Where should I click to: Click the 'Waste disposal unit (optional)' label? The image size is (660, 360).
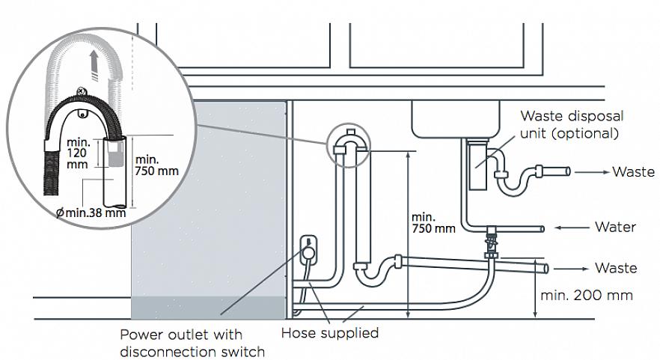[572, 125]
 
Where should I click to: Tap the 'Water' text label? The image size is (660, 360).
[615, 227]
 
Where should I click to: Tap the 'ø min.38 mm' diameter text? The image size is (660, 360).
[91, 213]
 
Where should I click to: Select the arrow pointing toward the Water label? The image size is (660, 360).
[572, 227]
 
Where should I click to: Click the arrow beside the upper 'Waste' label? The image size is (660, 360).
[592, 171]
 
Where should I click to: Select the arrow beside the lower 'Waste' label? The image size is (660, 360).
[572, 268]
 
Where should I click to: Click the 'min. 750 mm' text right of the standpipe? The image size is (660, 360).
[433, 222]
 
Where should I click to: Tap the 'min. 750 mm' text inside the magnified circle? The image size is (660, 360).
[157, 164]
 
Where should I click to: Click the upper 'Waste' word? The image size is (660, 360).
[633, 171]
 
